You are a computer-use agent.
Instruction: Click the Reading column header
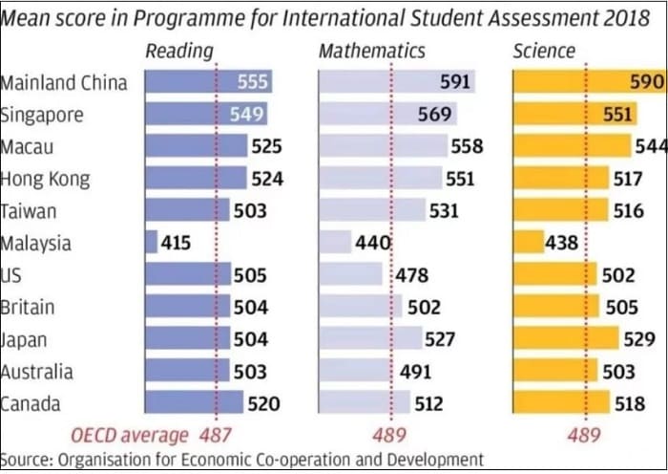(178, 51)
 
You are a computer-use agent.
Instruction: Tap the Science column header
(544, 51)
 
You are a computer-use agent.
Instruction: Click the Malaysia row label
(35, 243)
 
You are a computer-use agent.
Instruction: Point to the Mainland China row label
(63, 82)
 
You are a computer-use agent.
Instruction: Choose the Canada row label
(31, 403)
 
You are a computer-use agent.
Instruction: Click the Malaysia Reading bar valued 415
(151, 243)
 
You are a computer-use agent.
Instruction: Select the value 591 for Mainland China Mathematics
(455, 82)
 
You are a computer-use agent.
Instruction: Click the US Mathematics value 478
(412, 275)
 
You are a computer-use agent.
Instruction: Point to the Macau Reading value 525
(266, 146)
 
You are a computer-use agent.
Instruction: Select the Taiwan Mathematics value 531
(444, 211)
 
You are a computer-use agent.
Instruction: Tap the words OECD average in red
(130, 435)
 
